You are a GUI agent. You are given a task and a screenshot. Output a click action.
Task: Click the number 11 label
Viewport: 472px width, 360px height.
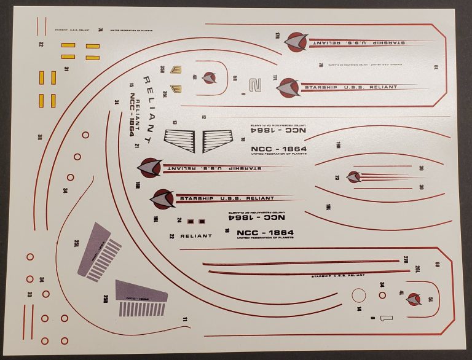(184, 319)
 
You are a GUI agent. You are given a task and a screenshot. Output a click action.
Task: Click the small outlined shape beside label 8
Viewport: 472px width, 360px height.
(386, 318)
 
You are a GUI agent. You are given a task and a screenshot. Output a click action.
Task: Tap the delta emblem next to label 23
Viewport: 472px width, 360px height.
(353, 177)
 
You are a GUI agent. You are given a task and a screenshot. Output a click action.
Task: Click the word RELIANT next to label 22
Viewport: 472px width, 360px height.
(196, 236)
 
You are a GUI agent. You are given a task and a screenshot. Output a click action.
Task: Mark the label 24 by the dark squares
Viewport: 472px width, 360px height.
(179, 220)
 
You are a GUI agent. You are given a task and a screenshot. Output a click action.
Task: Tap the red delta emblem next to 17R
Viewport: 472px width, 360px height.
(296, 41)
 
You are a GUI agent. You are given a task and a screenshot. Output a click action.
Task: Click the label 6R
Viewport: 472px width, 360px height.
(437, 265)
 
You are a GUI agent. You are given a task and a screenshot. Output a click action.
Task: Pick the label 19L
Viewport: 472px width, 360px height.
(329, 206)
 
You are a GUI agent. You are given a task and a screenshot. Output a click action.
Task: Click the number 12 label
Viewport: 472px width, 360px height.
(203, 116)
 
